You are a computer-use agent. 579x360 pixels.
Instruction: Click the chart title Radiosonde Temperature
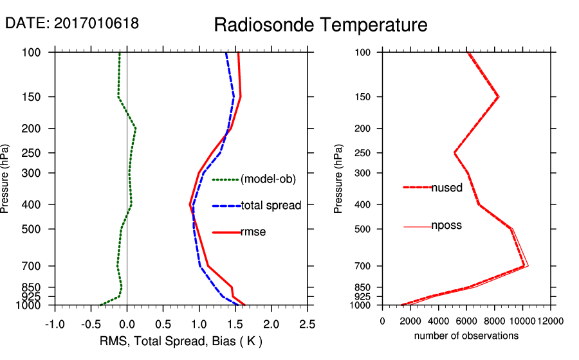(320, 25)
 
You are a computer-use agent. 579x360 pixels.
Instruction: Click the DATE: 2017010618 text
(72, 23)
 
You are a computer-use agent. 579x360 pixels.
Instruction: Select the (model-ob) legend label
(268, 179)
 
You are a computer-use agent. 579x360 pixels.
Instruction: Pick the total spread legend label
(271, 206)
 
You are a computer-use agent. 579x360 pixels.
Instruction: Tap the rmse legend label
(253, 232)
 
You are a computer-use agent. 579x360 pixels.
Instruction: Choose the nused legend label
(446, 188)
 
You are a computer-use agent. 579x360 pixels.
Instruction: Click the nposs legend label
(446, 226)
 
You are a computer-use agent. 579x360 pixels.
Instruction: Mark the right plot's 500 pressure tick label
(363, 229)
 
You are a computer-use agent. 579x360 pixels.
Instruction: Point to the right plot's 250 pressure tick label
(363, 153)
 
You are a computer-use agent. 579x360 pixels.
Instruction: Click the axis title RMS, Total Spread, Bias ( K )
(181, 341)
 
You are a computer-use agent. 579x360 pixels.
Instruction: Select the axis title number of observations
(466, 336)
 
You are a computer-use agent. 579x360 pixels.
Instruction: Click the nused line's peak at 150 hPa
(498, 96)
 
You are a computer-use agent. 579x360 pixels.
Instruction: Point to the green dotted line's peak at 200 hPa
(135, 129)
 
